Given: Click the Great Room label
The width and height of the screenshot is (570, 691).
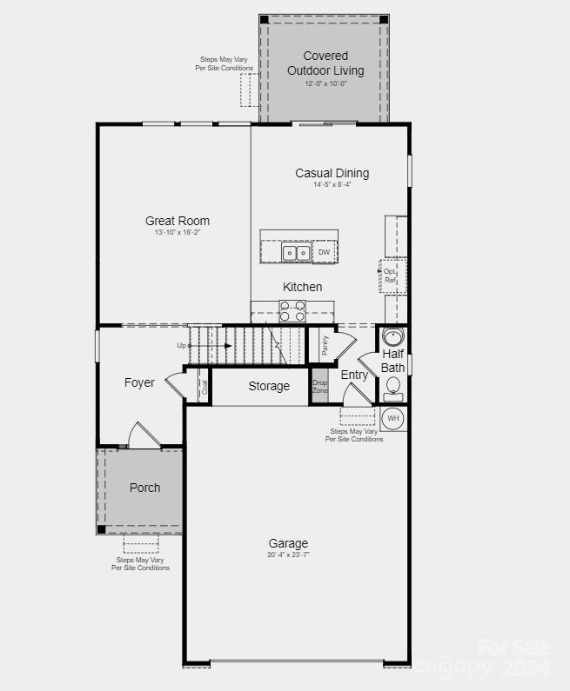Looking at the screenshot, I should (178, 221).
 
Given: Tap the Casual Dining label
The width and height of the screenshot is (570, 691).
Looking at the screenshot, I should (332, 173).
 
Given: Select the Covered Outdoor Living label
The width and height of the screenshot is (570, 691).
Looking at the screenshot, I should (325, 63).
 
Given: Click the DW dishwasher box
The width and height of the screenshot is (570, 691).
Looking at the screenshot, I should (324, 253).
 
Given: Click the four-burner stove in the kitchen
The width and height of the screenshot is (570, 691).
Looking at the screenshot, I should (292, 310).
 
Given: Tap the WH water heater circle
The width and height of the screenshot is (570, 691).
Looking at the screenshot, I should (393, 418).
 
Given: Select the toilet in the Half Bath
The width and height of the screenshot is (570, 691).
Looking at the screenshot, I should (393, 387).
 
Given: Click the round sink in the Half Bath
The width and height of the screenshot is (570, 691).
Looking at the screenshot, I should (394, 337).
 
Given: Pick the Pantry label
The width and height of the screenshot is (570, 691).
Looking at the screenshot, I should (325, 346).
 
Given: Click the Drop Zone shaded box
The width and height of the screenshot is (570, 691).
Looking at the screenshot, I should (320, 387).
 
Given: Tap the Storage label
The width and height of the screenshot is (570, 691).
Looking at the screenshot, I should (269, 386).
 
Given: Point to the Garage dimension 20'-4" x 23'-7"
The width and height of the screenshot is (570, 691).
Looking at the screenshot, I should (288, 555).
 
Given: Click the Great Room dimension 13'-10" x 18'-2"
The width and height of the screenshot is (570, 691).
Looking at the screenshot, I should (178, 233).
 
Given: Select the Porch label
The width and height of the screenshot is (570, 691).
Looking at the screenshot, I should (144, 488).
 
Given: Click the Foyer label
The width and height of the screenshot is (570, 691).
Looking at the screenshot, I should (139, 382).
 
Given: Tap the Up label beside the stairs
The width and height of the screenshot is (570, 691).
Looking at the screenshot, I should (182, 345).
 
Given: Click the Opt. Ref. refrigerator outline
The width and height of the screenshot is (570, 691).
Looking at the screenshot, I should (392, 276).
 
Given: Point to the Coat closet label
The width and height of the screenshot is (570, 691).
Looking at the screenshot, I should (205, 387).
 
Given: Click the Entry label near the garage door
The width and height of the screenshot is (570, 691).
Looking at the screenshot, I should (354, 375).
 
